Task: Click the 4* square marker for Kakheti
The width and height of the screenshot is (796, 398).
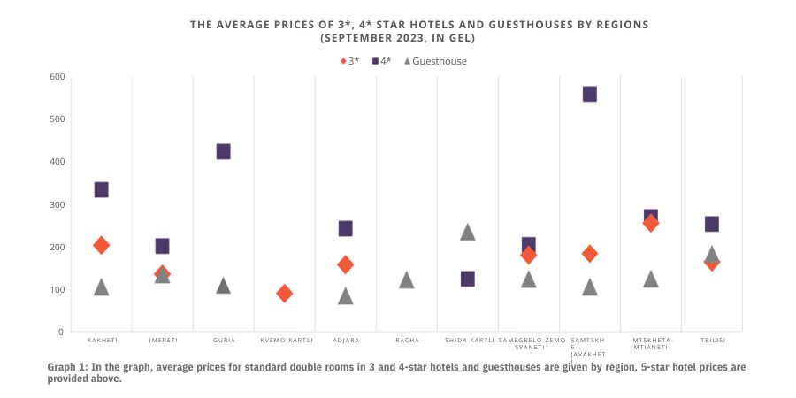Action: (x=101, y=189)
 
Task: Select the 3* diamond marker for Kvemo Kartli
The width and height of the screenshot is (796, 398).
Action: (x=284, y=293)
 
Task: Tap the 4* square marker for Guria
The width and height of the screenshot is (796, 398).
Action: (x=223, y=151)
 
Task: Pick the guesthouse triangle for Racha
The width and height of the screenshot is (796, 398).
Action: (x=406, y=280)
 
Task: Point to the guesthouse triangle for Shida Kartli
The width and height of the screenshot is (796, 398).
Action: (x=467, y=232)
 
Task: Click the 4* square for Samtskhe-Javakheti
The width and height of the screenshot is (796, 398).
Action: (x=589, y=94)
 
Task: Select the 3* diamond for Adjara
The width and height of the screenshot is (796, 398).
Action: (x=345, y=264)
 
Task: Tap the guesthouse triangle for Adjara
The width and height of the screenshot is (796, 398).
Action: (x=345, y=295)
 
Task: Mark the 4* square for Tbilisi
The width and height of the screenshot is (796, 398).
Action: (x=711, y=224)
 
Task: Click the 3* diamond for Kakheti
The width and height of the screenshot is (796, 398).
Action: (x=101, y=245)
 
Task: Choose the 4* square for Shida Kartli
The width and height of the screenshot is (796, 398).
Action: (x=467, y=279)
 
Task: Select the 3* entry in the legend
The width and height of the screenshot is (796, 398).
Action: (x=350, y=61)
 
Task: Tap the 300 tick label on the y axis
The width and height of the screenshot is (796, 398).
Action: (x=57, y=204)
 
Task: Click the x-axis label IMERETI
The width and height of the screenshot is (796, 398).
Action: (x=162, y=341)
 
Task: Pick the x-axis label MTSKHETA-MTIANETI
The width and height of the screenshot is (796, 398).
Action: (x=650, y=344)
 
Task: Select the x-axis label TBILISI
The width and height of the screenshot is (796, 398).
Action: (x=711, y=341)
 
